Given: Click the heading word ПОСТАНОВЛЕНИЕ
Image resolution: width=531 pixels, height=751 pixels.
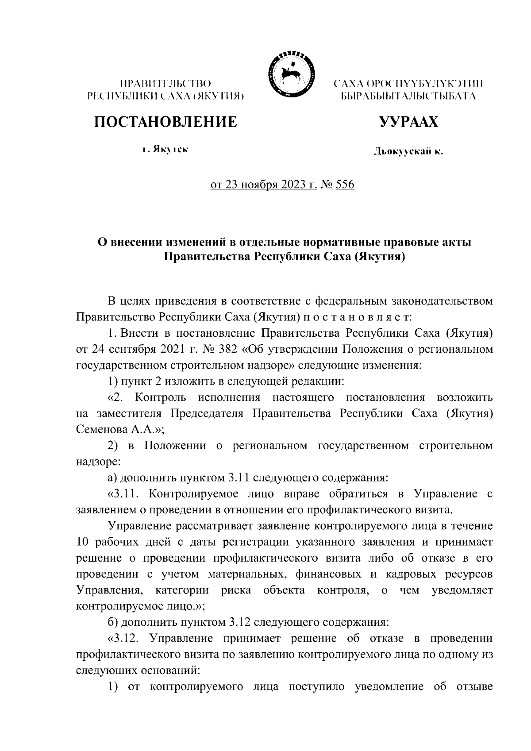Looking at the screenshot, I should tap(165, 121).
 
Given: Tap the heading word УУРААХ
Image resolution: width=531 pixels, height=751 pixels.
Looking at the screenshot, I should tap(407, 121).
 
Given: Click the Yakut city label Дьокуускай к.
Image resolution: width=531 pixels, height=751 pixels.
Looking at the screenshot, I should tap(408, 152).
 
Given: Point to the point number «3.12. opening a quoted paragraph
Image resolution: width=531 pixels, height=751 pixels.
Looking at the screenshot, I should tap(125, 639).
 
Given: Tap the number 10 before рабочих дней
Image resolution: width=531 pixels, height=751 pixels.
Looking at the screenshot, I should tap(83, 542).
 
